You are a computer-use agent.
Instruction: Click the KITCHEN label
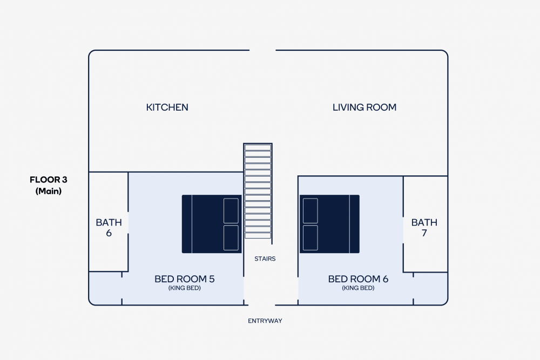(167, 107)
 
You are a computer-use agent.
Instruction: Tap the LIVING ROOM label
(364, 107)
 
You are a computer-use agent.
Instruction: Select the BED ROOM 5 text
(185, 279)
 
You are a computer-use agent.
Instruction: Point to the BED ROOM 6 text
(358, 279)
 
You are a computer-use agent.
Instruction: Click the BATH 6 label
(109, 227)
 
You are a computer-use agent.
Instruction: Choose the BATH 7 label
(424, 227)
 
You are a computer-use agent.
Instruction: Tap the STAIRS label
(265, 259)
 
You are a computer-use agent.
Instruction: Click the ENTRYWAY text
(265, 321)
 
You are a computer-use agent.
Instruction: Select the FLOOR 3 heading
(49, 180)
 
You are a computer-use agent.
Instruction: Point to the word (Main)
(49, 191)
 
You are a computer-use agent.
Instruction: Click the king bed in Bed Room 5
(212, 224)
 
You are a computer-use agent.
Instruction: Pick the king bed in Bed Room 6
(329, 224)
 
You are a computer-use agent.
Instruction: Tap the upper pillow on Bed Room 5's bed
(231, 210)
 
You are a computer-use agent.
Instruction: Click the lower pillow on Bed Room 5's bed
(231, 238)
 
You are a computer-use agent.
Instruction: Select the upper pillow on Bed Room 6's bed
(310, 210)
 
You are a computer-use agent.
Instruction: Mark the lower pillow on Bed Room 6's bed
(310, 238)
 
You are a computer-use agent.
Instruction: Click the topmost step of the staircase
(258, 148)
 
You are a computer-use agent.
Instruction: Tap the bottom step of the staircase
(258, 236)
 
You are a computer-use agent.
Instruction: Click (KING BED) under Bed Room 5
(185, 288)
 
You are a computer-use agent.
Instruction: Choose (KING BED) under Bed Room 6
(358, 288)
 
